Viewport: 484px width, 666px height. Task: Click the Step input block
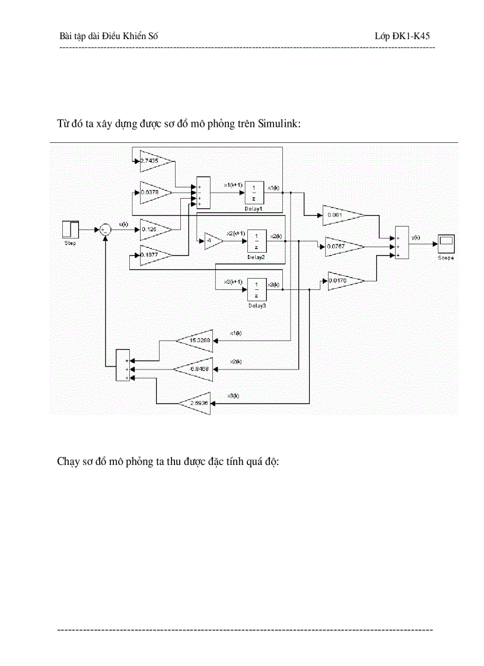coord(71,229)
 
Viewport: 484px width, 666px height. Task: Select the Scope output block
coord(446,242)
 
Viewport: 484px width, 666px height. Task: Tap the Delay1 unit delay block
coord(254,192)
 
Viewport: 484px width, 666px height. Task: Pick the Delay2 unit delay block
coord(257,241)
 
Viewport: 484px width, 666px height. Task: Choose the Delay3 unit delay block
coord(256,289)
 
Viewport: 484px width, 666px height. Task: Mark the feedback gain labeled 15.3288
coord(196,340)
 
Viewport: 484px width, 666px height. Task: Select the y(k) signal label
coord(415,237)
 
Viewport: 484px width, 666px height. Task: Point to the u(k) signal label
coord(123,224)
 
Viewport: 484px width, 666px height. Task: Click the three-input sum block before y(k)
coord(402,242)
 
